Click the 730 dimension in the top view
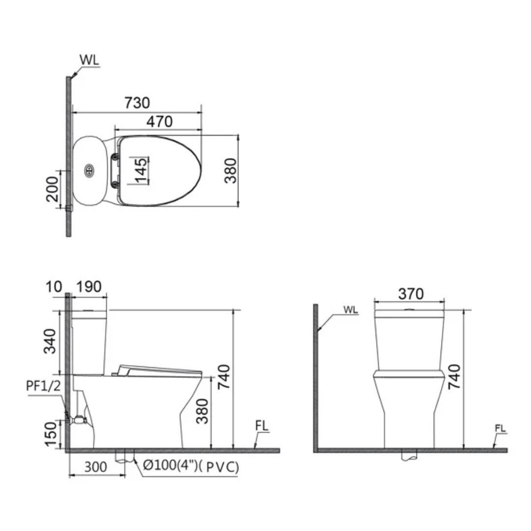coord(137,103)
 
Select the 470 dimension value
coord(159,121)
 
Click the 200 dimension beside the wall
coord(52,189)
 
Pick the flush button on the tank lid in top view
coord(89,170)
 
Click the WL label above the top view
coord(89,60)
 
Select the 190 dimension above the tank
coord(88,287)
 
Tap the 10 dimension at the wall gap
coord(54,287)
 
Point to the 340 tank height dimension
coord(50,341)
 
